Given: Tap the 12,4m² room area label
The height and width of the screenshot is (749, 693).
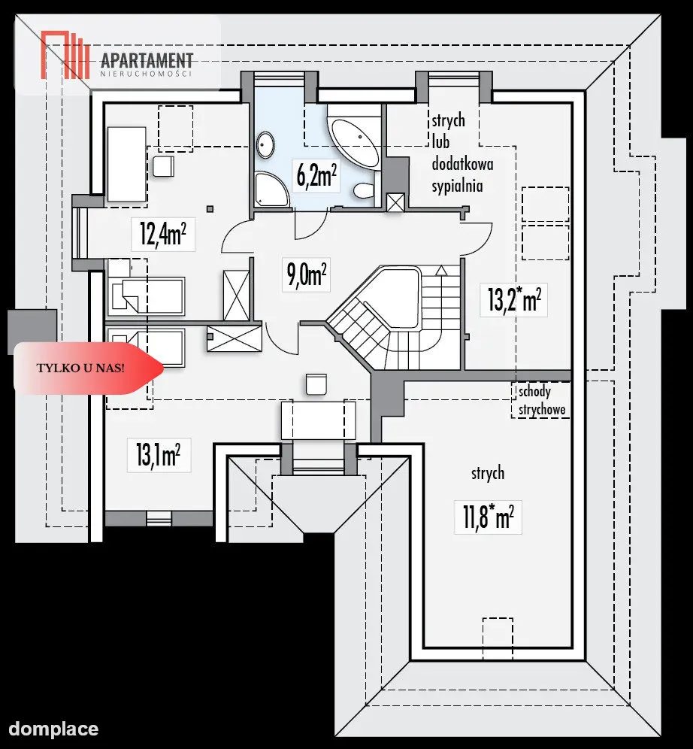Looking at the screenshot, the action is coord(163,234).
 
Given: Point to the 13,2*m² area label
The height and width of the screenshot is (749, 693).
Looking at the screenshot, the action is coord(514,300).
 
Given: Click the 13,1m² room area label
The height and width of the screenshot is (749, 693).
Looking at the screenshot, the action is coord(158,454).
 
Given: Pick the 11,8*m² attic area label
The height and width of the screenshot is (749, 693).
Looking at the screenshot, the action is coord(489,517).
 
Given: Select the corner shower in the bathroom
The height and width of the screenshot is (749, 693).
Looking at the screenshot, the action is coord(271,190).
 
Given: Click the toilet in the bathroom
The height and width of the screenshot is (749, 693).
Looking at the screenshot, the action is coord(364,190).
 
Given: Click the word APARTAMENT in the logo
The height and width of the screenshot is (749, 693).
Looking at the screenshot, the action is coord(147,61).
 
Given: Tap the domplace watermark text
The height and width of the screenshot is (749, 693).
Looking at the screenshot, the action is coord(53,729).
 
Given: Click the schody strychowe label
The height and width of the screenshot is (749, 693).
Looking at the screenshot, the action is coord(542,400).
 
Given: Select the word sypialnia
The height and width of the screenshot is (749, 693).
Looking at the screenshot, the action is coord(457,186).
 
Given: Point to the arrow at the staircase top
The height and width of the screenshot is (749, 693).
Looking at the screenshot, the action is coord(442,271).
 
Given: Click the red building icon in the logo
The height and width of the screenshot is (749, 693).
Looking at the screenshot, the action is coord(65,55).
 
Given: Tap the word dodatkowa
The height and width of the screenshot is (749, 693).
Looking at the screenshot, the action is coord(462,165).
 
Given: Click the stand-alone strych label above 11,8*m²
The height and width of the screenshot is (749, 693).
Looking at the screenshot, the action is coord(488,473).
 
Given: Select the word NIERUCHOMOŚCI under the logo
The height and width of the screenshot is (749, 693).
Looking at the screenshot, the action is coord(146,74).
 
